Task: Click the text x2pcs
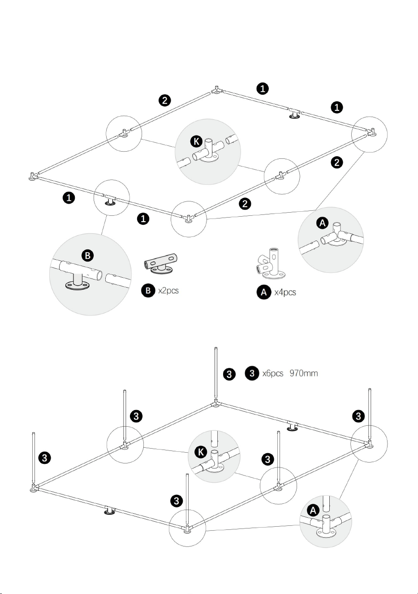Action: (168, 291)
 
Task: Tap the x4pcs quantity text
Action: (285, 292)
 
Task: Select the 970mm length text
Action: (304, 373)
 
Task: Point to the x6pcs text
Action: (273, 373)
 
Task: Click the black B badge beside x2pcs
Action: (148, 290)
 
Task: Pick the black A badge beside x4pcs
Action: (264, 292)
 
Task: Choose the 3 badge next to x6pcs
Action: (252, 373)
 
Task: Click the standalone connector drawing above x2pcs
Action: (161, 264)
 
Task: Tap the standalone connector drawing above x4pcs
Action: (271, 264)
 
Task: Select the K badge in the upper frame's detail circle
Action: (196, 142)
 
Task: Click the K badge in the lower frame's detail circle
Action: (201, 451)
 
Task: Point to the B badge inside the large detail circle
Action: (88, 256)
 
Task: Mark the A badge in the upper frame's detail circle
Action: (323, 223)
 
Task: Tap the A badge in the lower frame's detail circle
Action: (313, 510)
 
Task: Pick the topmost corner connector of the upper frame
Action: (216, 91)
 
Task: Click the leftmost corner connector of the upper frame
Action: (33, 177)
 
